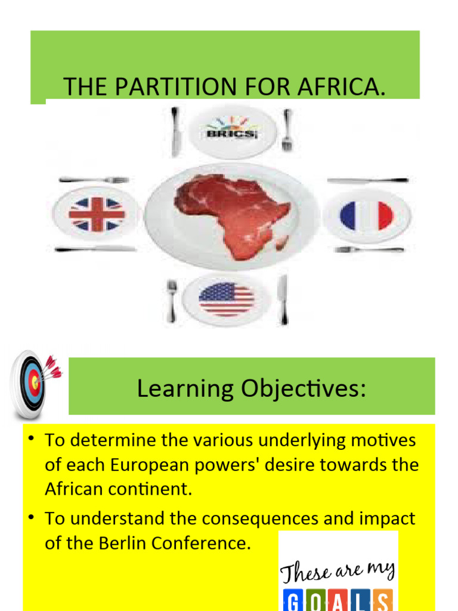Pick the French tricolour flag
tap(366, 215)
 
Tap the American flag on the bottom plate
tap(227, 299)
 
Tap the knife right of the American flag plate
tap(283, 300)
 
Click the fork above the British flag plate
tap(94, 180)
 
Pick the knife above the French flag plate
tap(367, 180)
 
